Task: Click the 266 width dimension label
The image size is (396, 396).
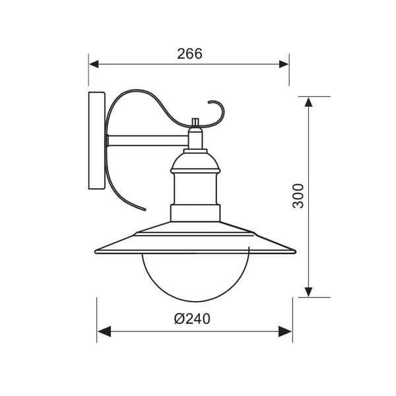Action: (x=189, y=54)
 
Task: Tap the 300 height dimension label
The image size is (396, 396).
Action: (x=298, y=196)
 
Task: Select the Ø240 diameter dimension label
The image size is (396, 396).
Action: (x=192, y=319)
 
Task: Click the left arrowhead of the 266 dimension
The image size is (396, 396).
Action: (x=94, y=64)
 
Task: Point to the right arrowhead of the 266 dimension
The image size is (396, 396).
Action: (x=284, y=64)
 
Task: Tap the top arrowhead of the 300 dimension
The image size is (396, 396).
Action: (x=308, y=102)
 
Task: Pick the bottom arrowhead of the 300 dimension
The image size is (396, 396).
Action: (x=308, y=292)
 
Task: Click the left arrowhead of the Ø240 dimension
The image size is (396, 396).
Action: (x=104, y=331)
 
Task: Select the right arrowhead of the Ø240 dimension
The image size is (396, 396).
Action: (x=285, y=331)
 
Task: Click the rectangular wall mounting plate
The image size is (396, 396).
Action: (x=97, y=141)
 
